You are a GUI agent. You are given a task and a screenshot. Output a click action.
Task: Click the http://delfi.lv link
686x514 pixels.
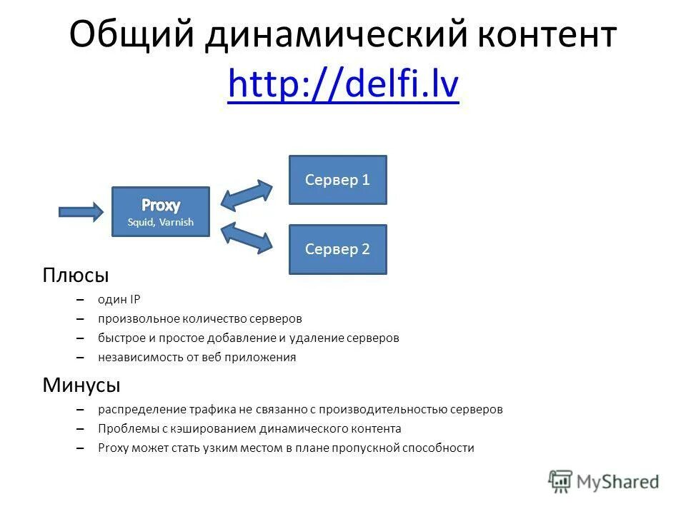coord(343,87)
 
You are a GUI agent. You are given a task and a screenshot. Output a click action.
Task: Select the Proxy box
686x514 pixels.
coord(161,211)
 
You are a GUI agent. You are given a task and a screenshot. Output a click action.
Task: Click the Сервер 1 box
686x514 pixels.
coord(337,180)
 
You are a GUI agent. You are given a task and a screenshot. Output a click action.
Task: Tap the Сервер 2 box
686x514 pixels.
coord(337,249)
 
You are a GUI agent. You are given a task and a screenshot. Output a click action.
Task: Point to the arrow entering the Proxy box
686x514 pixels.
coord(80,211)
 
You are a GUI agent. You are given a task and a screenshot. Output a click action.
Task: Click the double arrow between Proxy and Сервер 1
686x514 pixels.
coord(247,194)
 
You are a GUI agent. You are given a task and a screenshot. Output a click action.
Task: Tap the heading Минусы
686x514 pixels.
coord(81,385)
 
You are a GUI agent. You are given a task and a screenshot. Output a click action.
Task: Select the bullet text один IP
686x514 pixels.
coord(119,300)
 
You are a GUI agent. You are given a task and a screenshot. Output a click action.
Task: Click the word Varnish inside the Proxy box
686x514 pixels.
coord(177,222)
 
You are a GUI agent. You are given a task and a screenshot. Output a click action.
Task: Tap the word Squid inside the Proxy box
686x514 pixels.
coord(140,222)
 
